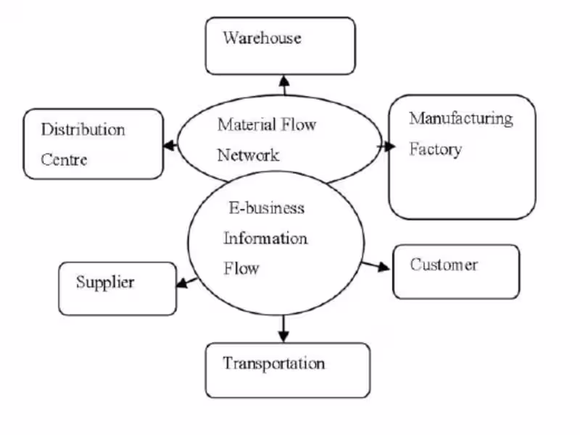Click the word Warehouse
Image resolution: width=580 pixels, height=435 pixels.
click(262, 38)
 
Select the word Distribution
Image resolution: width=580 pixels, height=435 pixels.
click(83, 130)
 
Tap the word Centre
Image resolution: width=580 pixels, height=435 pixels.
click(64, 159)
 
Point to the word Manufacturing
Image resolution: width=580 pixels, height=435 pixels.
click(460, 118)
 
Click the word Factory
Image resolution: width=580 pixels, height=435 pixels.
click(435, 149)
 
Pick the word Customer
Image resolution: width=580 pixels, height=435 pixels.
click(444, 265)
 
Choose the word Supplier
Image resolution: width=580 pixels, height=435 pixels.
click(105, 281)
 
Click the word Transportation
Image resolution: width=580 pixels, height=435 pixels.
click(273, 362)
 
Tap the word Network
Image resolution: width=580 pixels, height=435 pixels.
click(248, 155)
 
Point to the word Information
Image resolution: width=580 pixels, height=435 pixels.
click(265, 239)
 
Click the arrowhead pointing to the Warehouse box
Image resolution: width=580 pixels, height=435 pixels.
click(283, 80)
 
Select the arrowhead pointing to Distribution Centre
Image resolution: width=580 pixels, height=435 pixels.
click(170, 145)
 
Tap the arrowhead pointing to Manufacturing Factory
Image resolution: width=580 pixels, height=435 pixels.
click(389, 146)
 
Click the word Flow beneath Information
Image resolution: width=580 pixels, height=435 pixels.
click(241, 269)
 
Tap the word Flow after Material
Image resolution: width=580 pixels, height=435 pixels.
click(299, 124)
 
